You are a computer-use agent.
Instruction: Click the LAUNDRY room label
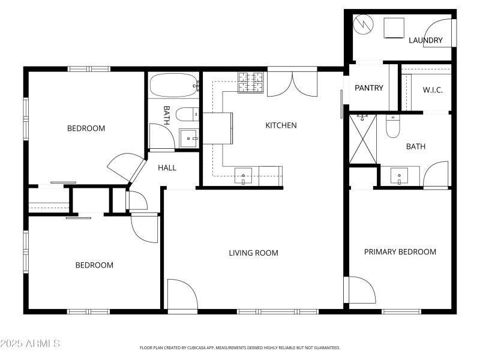425,41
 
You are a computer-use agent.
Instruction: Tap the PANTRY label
368,88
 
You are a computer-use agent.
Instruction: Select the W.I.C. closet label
432,91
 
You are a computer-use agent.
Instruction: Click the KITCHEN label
281,125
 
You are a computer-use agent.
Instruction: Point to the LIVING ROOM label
253,253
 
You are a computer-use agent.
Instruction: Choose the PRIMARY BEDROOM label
400,251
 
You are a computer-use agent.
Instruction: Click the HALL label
167,168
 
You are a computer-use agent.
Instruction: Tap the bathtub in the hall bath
173,85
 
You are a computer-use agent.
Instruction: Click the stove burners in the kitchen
251,83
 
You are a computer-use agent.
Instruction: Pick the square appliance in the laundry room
394,28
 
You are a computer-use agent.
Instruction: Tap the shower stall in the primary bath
362,139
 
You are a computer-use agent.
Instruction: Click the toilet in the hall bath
190,114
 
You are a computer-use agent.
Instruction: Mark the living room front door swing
181,295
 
